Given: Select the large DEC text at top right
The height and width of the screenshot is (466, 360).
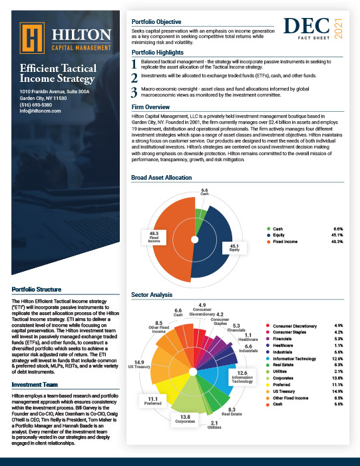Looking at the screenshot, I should pyautogui.click(x=307, y=26).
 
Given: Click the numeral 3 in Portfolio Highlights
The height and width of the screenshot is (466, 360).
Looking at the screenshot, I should pyautogui.click(x=135, y=92).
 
